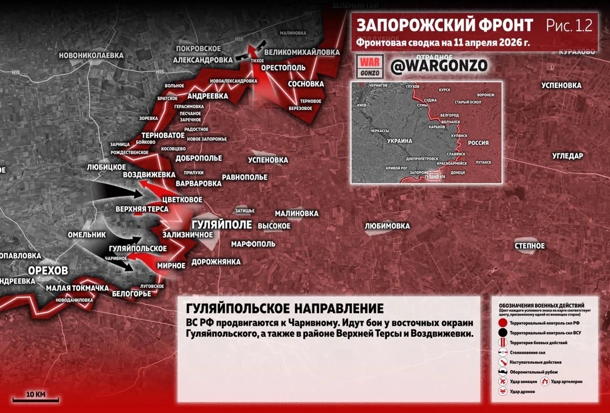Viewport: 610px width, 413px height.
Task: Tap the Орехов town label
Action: coord(48,271)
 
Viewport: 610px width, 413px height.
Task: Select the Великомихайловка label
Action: coord(302,52)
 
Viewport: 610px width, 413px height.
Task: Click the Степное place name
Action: coord(529,246)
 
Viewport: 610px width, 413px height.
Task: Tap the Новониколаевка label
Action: coord(91,56)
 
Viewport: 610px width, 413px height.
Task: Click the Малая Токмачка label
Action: coord(77,288)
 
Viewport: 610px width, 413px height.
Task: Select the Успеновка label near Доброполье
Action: coord(268,160)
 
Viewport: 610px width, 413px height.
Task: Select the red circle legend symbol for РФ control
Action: coord(502,323)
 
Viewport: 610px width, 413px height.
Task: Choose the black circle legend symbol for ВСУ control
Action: coord(502,332)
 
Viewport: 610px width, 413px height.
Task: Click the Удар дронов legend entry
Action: coord(523,392)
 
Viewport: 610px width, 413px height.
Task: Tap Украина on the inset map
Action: coord(399,141)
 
